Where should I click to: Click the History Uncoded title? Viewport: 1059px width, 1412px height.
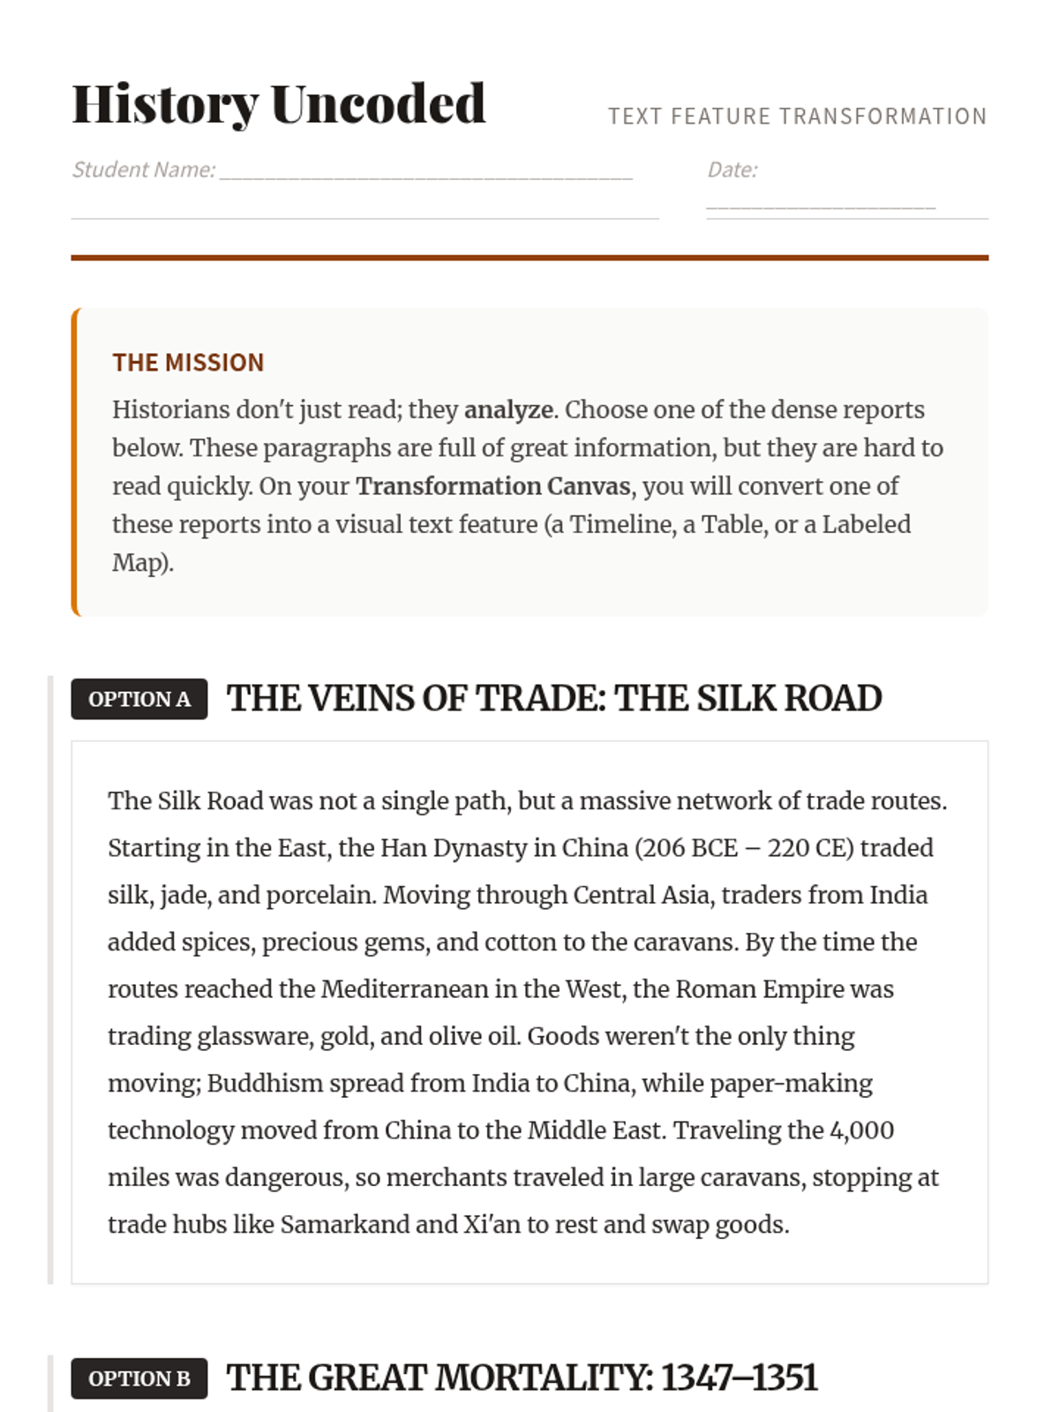point(278,104)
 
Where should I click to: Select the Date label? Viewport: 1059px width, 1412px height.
point(732,169)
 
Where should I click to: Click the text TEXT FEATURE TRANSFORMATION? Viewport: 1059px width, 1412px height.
point(797,116)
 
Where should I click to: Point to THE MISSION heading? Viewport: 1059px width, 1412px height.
point(188,363)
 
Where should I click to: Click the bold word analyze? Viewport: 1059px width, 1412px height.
point(508,409)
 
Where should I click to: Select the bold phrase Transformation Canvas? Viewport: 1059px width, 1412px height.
point(493,486)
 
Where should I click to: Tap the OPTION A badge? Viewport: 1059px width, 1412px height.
point(139,699)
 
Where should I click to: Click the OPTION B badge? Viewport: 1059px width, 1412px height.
point(139,1378)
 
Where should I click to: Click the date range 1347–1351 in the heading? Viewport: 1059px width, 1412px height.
point(740,1378)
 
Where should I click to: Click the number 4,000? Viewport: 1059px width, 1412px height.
point(862,1130)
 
